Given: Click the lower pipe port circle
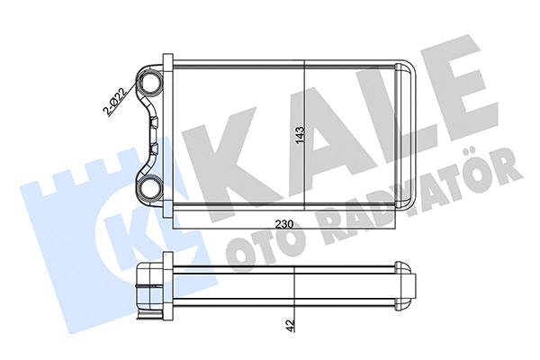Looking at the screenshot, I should [148, 188].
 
